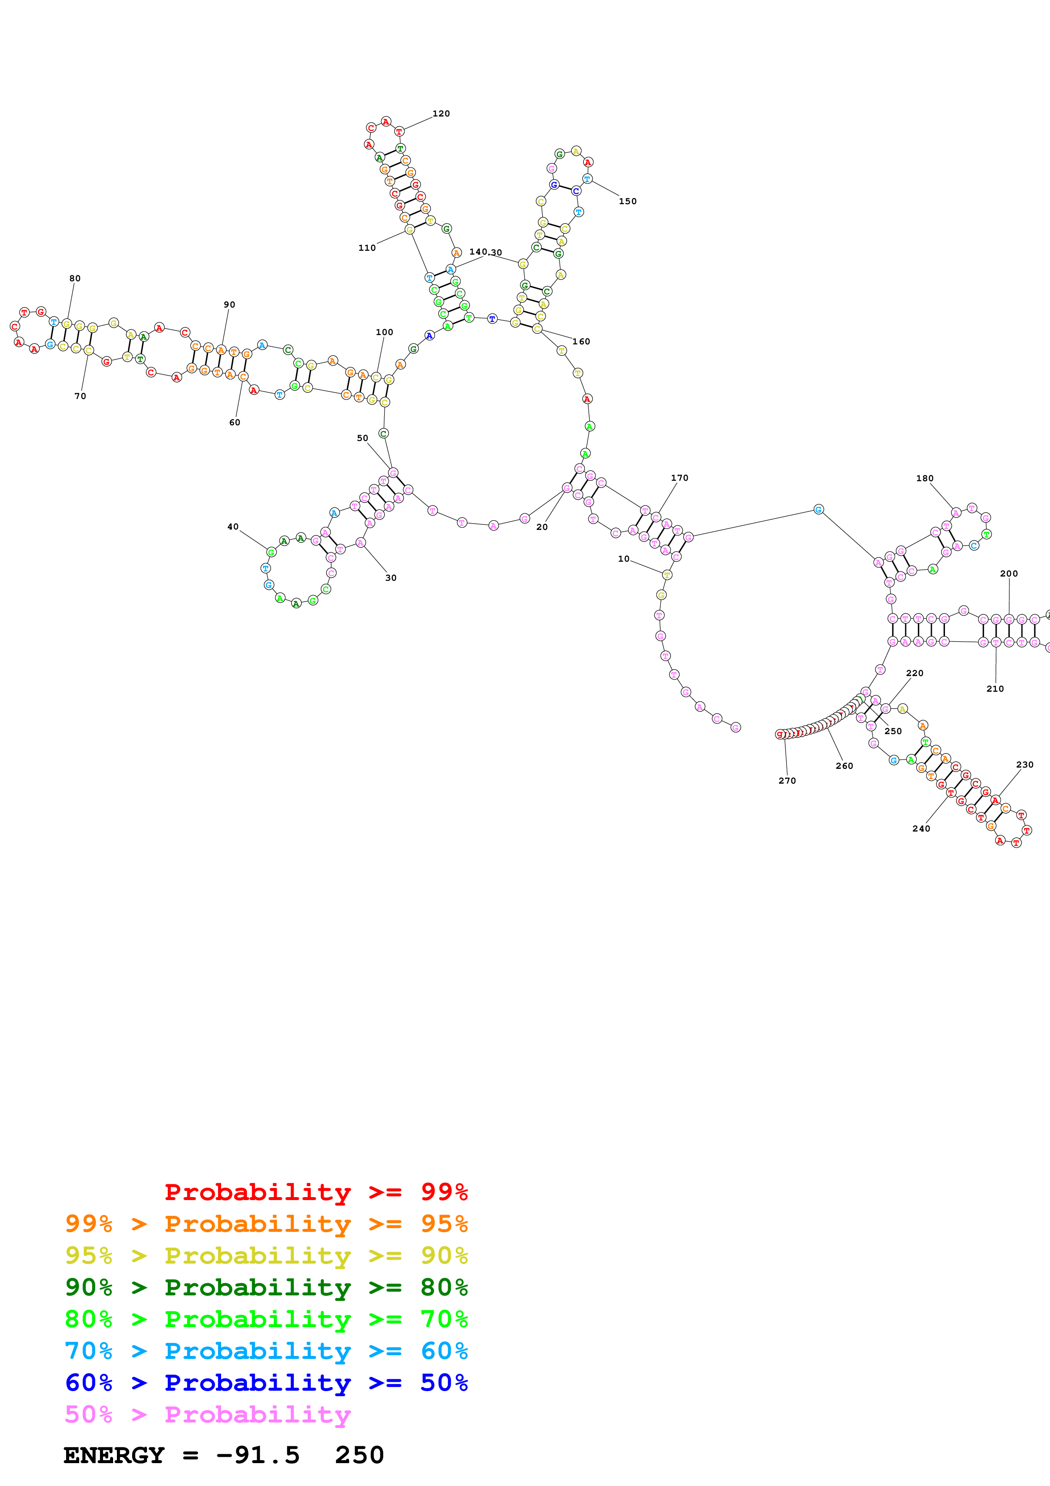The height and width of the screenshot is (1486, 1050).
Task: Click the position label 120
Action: [441, 114]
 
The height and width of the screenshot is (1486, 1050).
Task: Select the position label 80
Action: [75, 278]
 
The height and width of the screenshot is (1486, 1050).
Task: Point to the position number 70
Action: [80, 396]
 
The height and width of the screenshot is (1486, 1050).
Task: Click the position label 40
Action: [233, 527]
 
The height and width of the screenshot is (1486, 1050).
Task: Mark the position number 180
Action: [925, 478]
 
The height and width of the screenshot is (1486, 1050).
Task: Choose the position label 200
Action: [1008, 574]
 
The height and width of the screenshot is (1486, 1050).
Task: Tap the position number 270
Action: [787, 781]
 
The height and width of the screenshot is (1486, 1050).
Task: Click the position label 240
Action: [921, 829]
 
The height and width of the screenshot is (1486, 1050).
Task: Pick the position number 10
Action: [623, 559]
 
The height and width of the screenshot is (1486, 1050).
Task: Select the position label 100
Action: [384, 332]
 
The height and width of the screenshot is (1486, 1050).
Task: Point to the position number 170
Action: [679, 478]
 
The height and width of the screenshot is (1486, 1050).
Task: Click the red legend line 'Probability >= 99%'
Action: [316, 1192]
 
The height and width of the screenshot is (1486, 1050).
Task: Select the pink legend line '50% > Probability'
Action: [208, 1414]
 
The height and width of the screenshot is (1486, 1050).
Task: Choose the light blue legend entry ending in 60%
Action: [266, 1351]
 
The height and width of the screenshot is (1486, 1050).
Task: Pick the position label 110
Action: [367, 248]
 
